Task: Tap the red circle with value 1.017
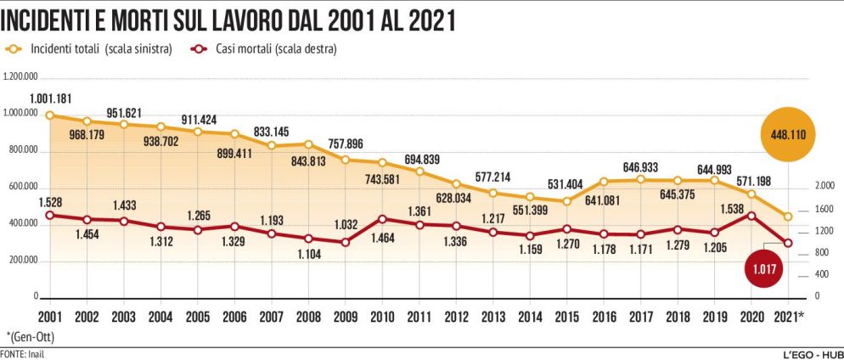[x=767, y=270]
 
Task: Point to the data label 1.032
[x=344, y=225]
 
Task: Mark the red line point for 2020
[x=751, y=215]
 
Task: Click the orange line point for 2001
[x=49, y=115]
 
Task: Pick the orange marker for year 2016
[x=604, y=181]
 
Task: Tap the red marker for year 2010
[x=381, y=219]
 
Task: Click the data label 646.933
[x=641, y=167]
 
